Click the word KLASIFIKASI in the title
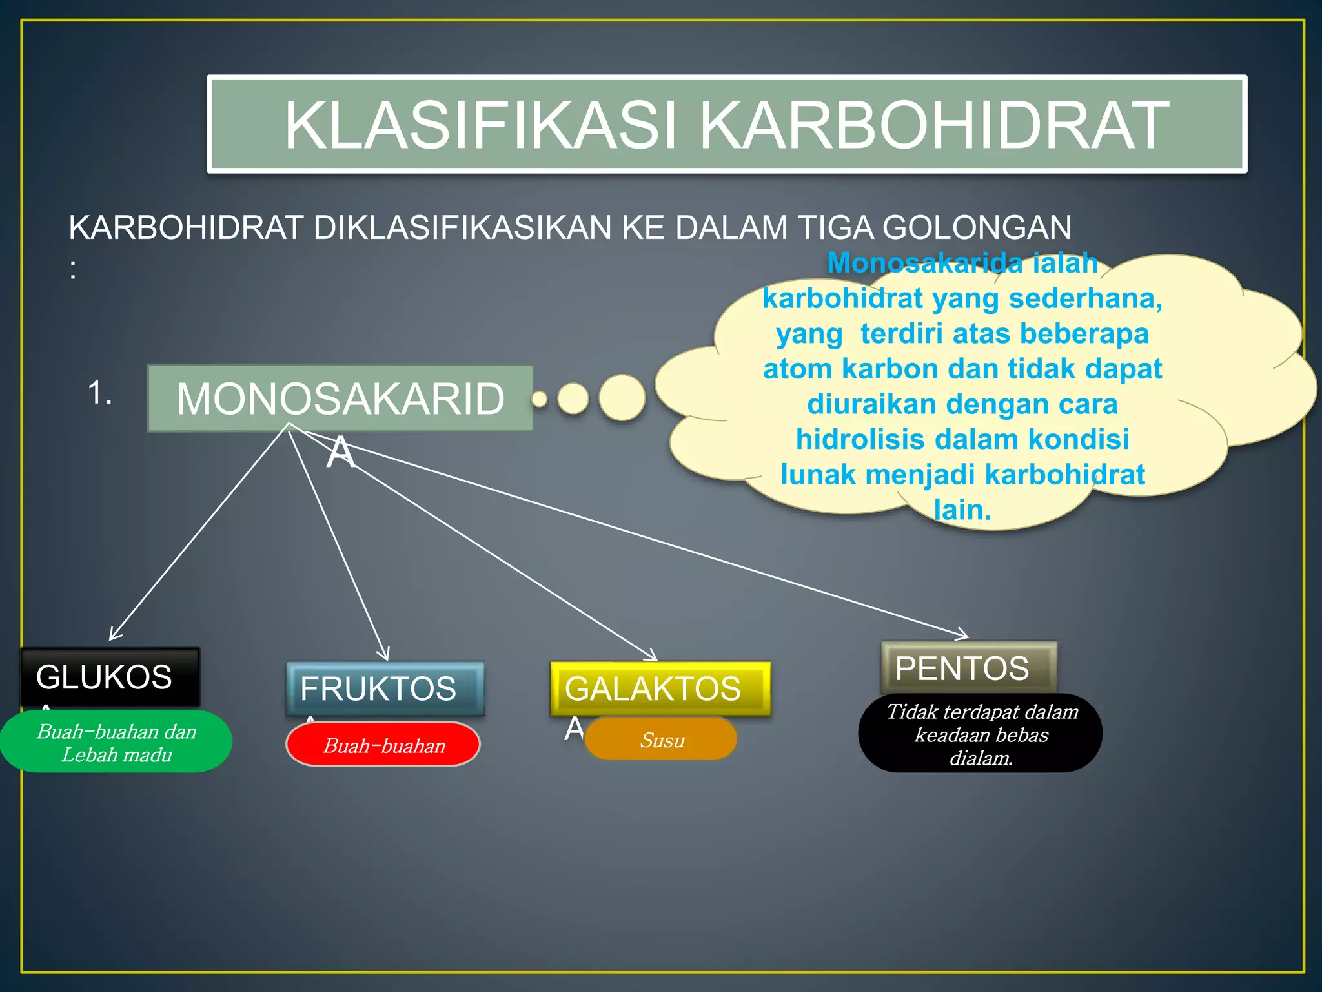[481, 125]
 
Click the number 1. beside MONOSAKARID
[100, 393]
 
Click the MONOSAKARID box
[340, 398]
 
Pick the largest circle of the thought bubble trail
[622, 398]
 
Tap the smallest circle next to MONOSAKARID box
[540, 399]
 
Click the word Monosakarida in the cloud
[926, 263]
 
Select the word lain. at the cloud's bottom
[962, 510]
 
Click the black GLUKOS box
[110, 677]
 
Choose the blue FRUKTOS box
[385, 688]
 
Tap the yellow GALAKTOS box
[660, 688]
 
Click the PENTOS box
[968, 668]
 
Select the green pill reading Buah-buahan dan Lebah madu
[116, 742]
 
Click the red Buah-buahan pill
[383, 745]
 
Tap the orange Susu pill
[661, 739]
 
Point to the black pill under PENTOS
[981, 734]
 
